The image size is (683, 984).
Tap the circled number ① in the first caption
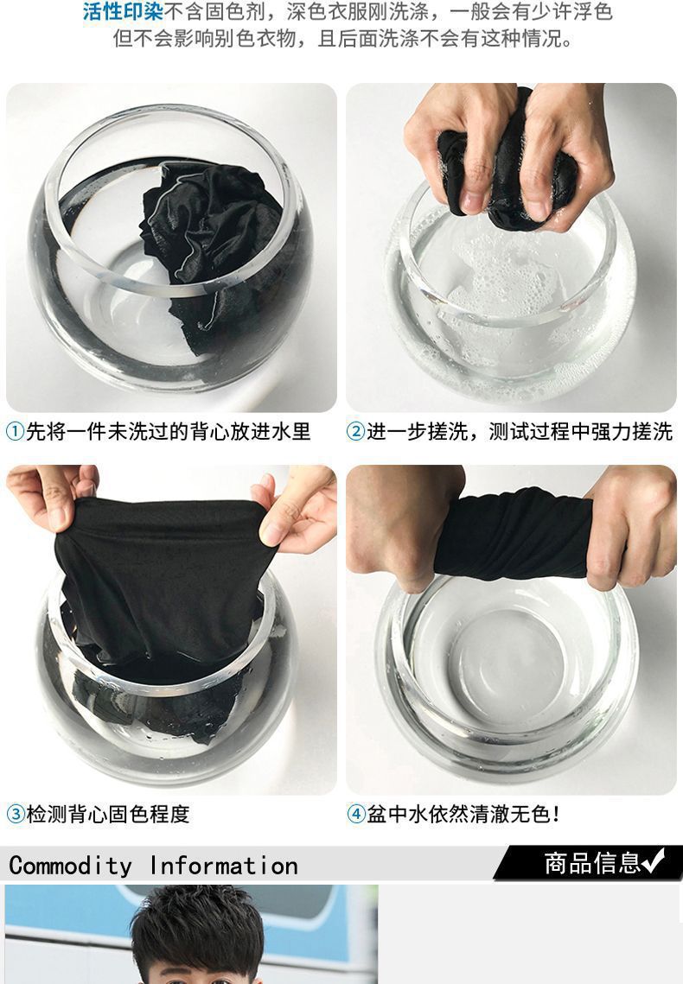pyautogui.click(x=15, y=432)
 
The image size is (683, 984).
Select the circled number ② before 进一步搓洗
pyautogui.click(x=355, y=432)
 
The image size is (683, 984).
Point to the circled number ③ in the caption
pyautogui.click(x=15, y=814)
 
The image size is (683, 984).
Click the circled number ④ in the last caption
pyautogui.click(x=356, y=814)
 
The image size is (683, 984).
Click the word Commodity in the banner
pyautogui.click(x=70, y=866)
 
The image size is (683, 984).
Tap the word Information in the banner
pyautogui.click(x=223, y=866)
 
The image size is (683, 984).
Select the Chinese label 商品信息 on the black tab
pyautogui.click(x=592, y=863)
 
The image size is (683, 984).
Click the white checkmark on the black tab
pyautogui.click(x=653, y=861)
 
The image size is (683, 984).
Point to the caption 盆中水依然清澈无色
pyautogui.click(x=463, y=814)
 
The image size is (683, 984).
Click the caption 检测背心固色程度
pyautogui.click(x=107, y=814)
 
